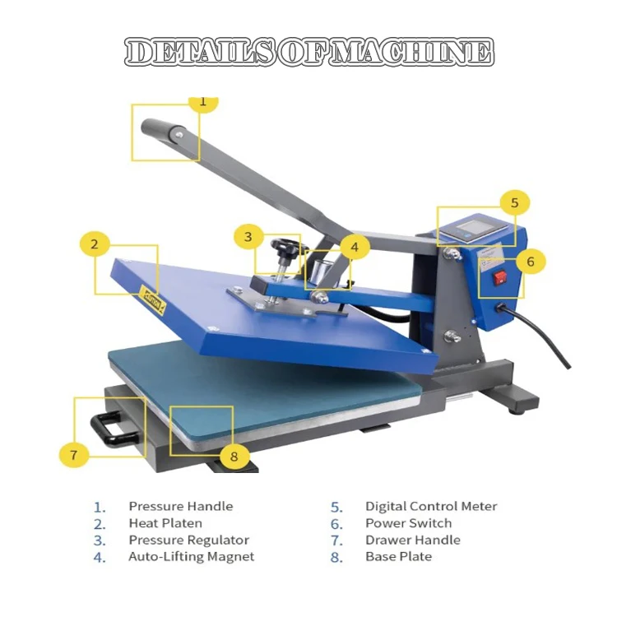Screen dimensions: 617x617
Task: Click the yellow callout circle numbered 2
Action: [x=95, y=244]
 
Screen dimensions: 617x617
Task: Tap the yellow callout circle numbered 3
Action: [x=248, y=238]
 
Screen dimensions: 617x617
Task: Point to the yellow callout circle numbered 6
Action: [x=531, y=262]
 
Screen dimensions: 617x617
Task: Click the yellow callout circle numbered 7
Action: [x=73, y=453]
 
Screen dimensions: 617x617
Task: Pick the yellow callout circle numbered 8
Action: [x=234, y=456]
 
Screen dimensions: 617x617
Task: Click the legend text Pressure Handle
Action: [x=180, y=507]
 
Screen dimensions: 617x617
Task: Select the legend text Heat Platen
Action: [x=165, y=523]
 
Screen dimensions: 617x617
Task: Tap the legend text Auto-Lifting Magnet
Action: [x=191, y=557]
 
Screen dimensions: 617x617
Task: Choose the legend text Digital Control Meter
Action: [x=431, y=507]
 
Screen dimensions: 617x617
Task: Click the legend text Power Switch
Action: [x=408, y=523]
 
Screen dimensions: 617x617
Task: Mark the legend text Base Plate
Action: [x=398, y=557]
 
